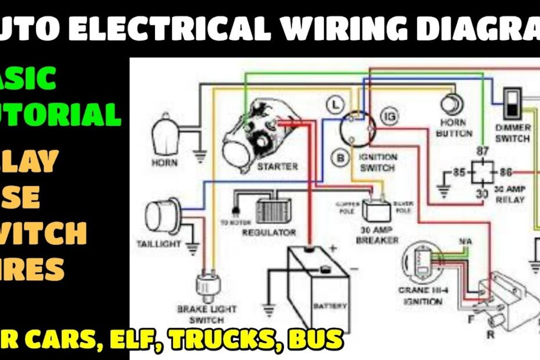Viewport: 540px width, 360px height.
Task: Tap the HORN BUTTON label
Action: click(x=453, y=128)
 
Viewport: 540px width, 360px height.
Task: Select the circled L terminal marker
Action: click(x=334, y=105)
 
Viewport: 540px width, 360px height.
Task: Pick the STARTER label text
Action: click(x=277, y=167)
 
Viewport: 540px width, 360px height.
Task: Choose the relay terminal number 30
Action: click(x=481, y=193)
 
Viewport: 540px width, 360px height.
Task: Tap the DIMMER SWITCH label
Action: click(x=512, y=133)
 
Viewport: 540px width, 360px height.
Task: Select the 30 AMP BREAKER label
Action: click(x=377, y=235)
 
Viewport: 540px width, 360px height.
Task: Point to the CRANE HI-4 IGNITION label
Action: click(x=420, y=296)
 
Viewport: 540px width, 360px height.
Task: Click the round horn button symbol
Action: click(x=452, y=105)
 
